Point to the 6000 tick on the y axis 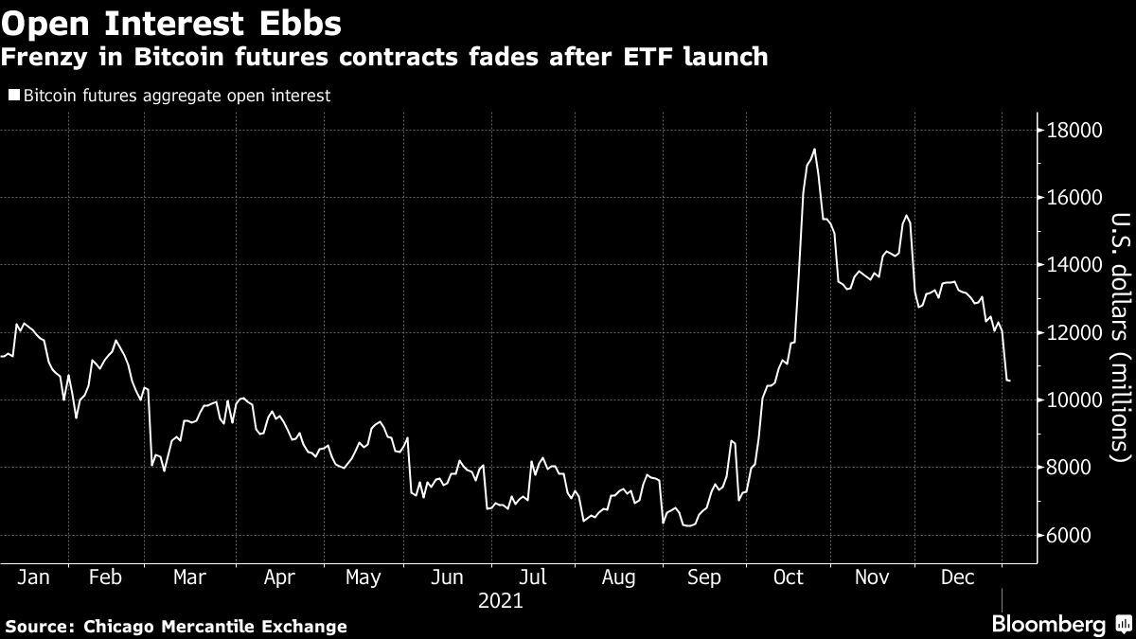point(1067,536)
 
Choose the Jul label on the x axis point(535,577)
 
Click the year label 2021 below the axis point(500,600)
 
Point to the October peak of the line point(814,150)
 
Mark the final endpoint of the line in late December point(1009,381)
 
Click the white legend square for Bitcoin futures point(13,95)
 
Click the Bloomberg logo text point(1048,625)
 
